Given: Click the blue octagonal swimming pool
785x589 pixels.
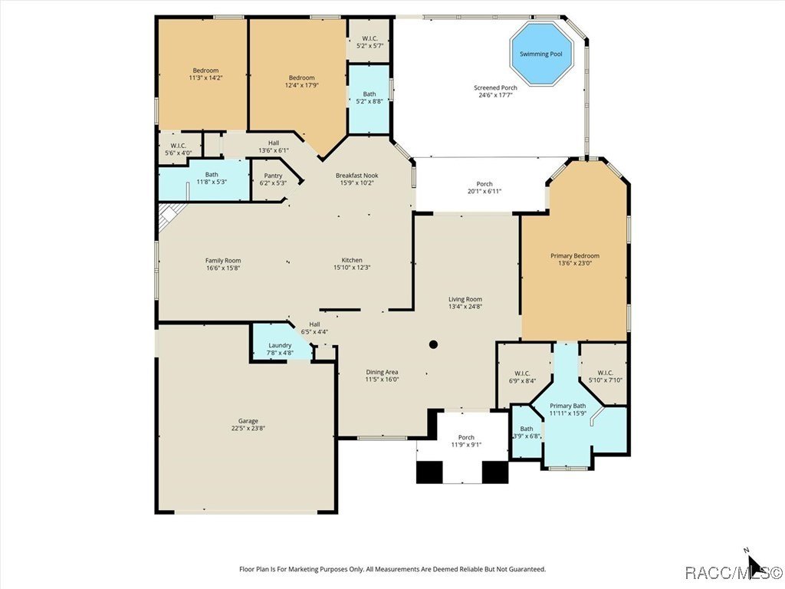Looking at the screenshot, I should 543,54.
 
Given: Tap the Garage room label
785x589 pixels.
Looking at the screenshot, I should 248,421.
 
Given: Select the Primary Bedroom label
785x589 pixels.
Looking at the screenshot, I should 574,255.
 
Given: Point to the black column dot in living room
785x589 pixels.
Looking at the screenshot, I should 433,345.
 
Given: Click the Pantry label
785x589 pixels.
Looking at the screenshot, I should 273,176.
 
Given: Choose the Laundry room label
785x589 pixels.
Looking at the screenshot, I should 280,345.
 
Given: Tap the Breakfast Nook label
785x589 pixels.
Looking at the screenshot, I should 356,176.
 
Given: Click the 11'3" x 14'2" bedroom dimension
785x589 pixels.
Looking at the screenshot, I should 205,78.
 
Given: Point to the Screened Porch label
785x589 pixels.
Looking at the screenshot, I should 495,87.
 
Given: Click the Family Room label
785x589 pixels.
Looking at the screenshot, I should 223,260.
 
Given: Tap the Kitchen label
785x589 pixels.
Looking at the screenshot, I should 352,260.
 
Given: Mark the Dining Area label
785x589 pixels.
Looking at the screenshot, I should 382,371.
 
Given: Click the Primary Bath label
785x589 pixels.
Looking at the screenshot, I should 568,406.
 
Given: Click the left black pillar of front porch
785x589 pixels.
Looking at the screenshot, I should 429,472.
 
